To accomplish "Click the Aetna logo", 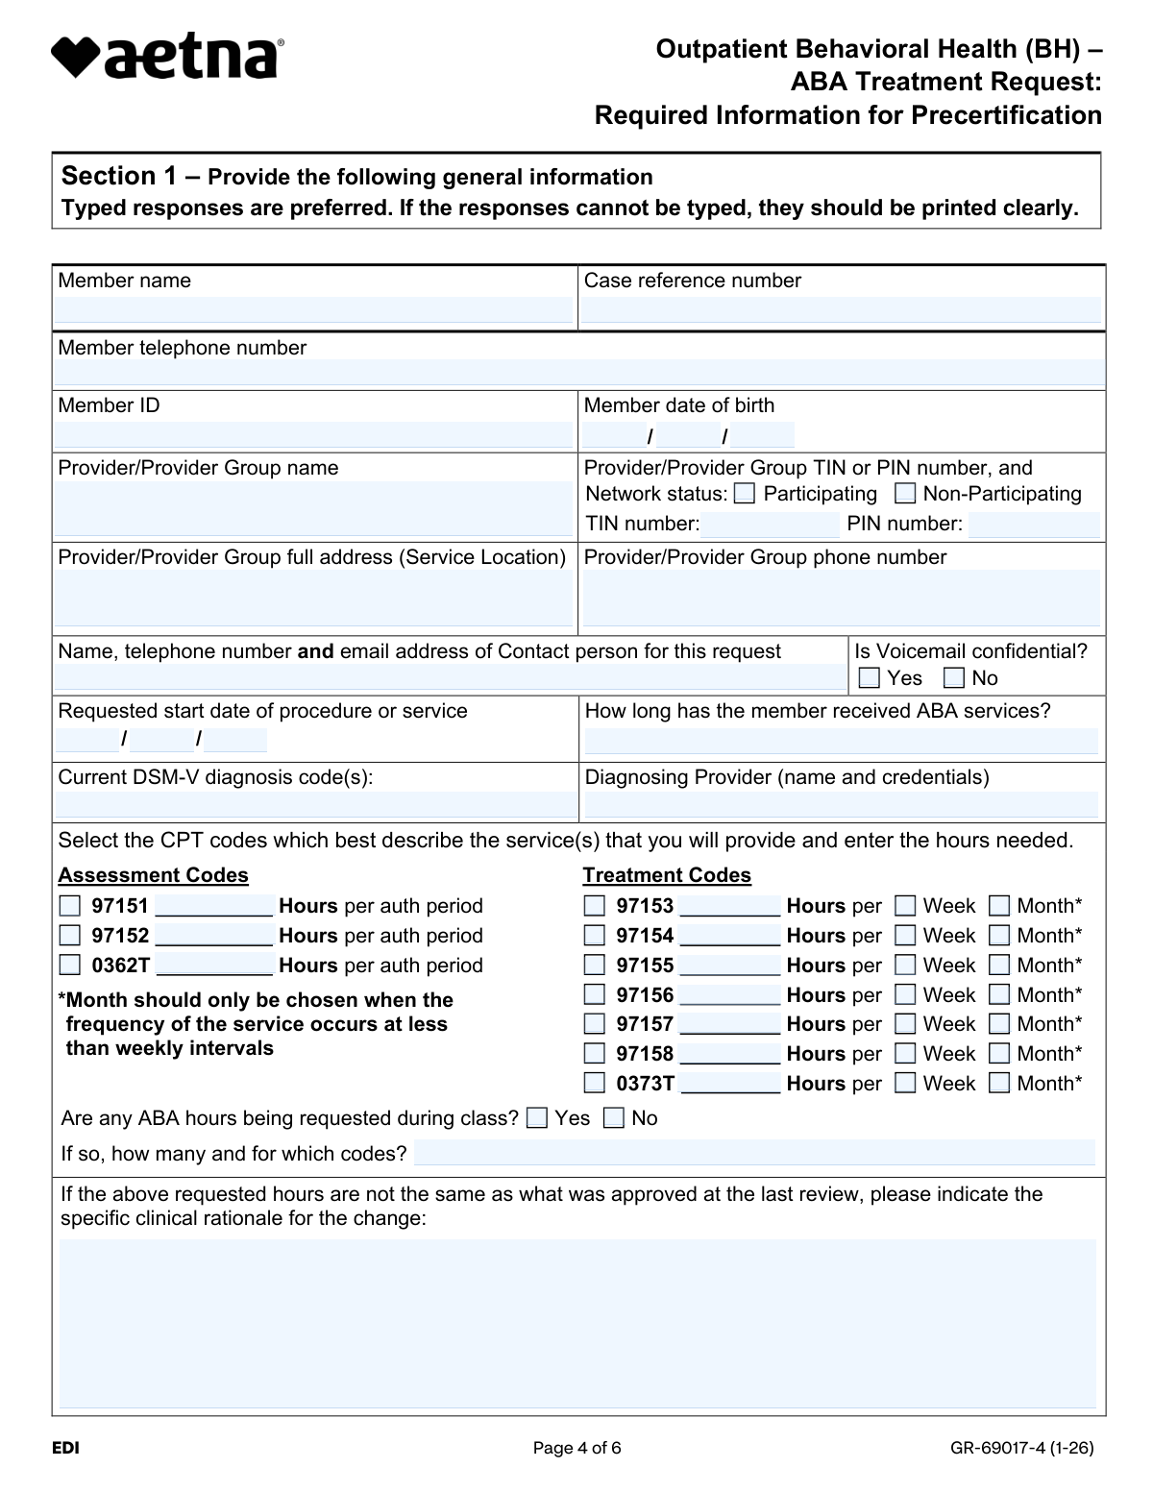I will [167, 58].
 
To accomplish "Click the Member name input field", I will [313, 309].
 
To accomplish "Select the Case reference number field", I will [841, 309].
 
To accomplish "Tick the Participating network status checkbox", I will [745, 494].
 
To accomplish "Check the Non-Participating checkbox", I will [905, 494].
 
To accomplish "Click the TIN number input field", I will [770, 525].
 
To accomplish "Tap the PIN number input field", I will [1034, 525].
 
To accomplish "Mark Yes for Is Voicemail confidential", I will [870, 678].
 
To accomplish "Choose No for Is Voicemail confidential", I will [954, 678].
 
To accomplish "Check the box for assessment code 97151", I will [70, 906].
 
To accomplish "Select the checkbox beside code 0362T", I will [70, 965].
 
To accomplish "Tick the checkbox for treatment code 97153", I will [595, 906].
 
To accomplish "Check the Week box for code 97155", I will [905, 965].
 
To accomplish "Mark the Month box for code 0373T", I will [999, 1084].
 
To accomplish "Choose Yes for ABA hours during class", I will [538, 1118].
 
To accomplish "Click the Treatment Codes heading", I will [667, 875].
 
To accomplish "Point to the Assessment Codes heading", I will [154, 875].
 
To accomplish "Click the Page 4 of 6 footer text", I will [576, 1449].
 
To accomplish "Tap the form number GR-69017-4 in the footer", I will [1022, 1449].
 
